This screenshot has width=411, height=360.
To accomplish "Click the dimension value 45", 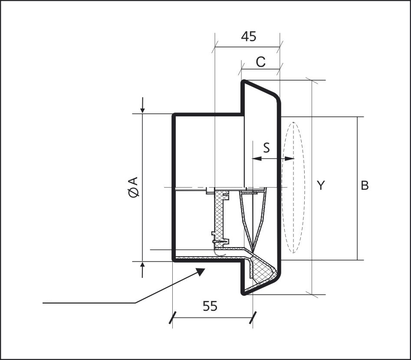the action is tap(249, 36).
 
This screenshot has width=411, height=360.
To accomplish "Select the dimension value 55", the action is tap(210, 306).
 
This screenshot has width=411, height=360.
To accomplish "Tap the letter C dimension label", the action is tap(260, 62).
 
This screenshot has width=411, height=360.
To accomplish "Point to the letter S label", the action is tap(266, 148).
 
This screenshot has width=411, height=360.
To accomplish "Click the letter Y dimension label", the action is tap(321, 185).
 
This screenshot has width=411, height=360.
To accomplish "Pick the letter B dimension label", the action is tap(365, 185).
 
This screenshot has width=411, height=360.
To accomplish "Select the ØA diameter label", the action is tap(133, 187).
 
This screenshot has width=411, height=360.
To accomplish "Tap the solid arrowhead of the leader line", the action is tap(201, 272).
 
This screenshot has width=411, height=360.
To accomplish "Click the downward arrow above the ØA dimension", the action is tap(142, 105).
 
